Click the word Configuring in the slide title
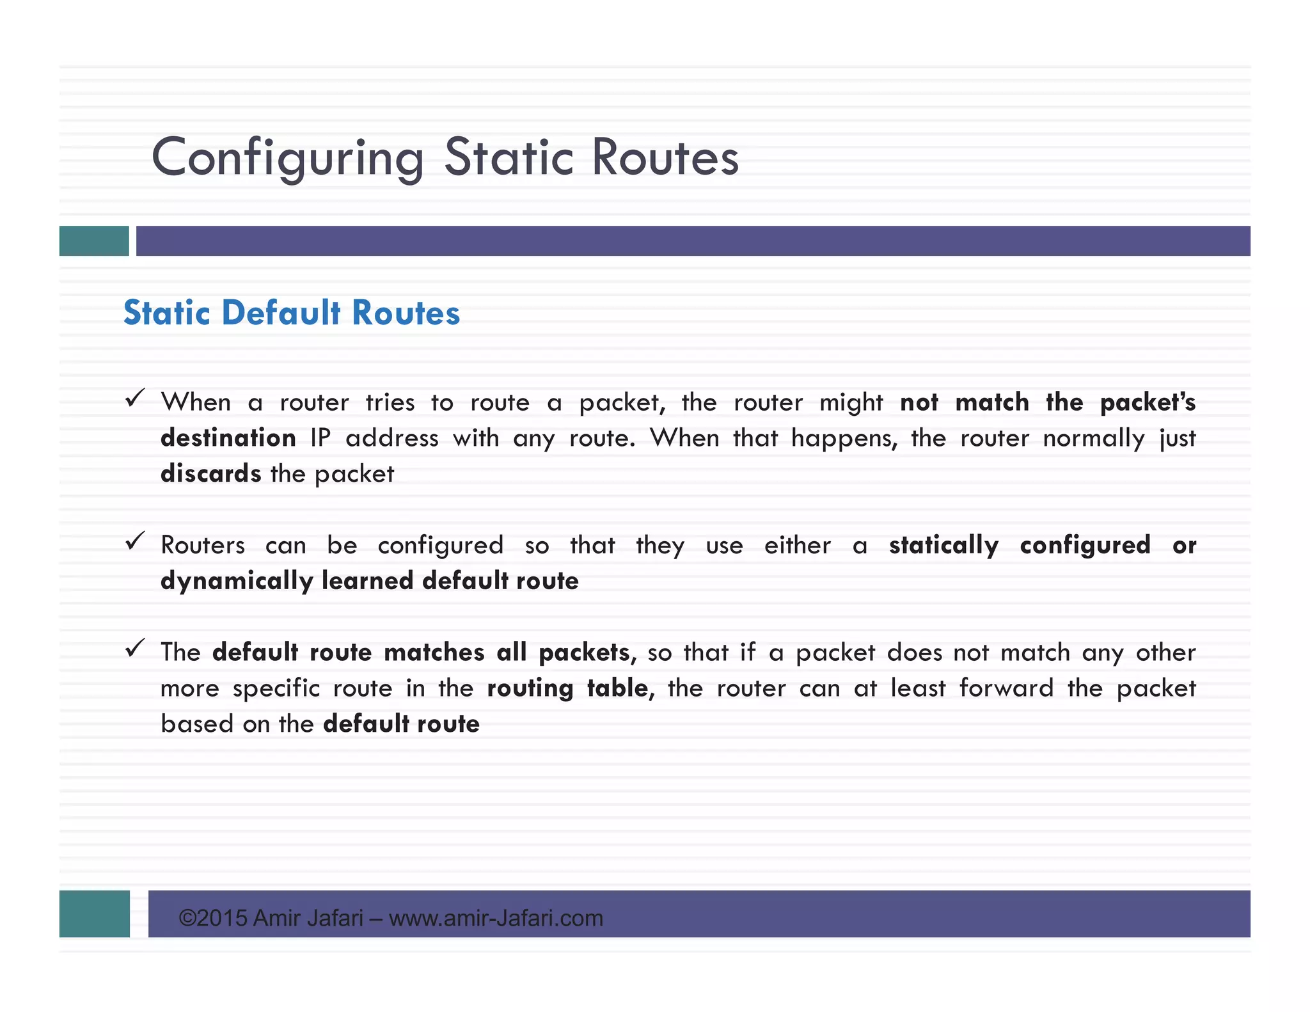(287, 158)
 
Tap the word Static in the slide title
(509, 157)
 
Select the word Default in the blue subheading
(281, 313)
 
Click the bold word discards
(210, 474)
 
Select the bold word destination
(228, 438)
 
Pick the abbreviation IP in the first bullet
(320, 438)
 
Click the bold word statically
(943, 546)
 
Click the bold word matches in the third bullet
(434, 652)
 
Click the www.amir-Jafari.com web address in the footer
(496, 919)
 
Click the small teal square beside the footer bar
(95, 913)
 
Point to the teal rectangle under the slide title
(94, 241)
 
